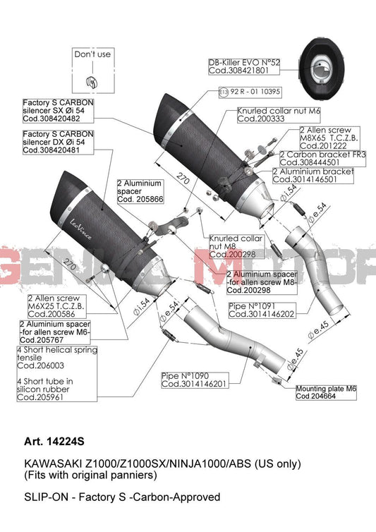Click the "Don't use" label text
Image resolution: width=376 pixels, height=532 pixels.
click(x=92, y=54)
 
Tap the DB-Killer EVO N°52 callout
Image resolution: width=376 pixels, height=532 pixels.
click(x=244, y=66)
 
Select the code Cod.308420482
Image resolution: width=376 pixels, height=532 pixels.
click(x=51, y=119)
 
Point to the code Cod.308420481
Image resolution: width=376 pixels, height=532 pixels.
click(x=51, y=150)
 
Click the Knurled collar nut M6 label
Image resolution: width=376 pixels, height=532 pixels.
click(x=279, y=115)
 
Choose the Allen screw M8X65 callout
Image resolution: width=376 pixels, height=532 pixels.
click(x=330, y=138)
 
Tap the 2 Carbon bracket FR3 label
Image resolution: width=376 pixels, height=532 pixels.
click(x=322, y=159)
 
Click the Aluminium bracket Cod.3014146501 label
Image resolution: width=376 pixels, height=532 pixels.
click(x=313, y=176)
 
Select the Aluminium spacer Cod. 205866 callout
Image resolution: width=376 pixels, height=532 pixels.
click(x=140, y=191)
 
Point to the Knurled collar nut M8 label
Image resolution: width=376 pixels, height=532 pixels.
click(x=236, y=246)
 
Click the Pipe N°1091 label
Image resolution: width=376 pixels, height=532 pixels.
click(x=261, y=310)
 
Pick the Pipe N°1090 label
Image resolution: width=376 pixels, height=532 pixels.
click(x=195, y=380)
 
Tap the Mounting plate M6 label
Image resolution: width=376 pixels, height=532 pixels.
click(x=326, y=392)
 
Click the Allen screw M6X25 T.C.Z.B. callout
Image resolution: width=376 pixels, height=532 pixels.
click(x=56, y=306)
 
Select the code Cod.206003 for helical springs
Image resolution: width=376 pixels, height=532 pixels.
click(x=40, y=365)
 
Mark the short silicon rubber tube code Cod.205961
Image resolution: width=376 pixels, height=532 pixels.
click(x=40, y=397)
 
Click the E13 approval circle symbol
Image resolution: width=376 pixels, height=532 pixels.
click(x=224, y=92)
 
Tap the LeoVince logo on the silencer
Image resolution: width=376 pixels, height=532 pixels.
click(x=80, y=229)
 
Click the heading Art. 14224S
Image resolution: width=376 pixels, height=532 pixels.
click(x=54, y=442)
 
